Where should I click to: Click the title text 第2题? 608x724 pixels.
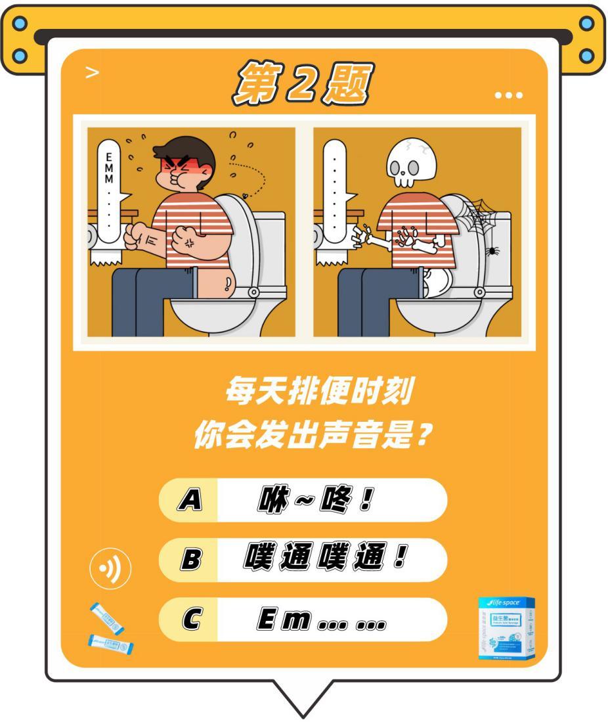302,84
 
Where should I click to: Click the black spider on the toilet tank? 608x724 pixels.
491,251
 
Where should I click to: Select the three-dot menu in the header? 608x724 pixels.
509,96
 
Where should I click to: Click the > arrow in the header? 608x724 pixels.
93,72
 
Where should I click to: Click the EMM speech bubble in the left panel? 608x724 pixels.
109,187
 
